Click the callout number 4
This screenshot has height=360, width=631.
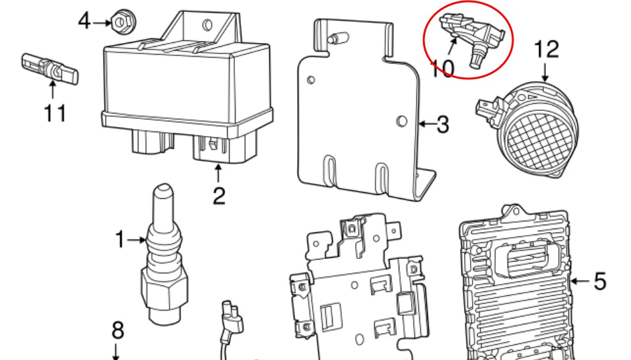pos(84,21)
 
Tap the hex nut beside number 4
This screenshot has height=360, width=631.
pos(123,22)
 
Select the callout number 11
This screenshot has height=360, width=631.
pos(55,113)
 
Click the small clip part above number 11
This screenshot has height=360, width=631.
pos(50,69)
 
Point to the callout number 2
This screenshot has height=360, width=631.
pos(218,196)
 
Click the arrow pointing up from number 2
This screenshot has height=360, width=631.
pos(218,173)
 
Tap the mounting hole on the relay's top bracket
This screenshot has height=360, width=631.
pos(208,25)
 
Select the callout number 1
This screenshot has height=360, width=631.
pos(120,239)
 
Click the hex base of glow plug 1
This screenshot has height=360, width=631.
pos(164,289)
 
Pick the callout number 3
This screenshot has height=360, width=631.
pos(443,124)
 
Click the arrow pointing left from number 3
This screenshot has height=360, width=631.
pos(426,124)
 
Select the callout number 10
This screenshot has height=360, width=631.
pos(442,69)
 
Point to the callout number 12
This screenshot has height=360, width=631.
pos(547,50)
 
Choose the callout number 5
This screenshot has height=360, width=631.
pos(600,281)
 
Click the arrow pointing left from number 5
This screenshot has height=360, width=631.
pos(580,281)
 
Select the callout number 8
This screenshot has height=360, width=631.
pos(117,330)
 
